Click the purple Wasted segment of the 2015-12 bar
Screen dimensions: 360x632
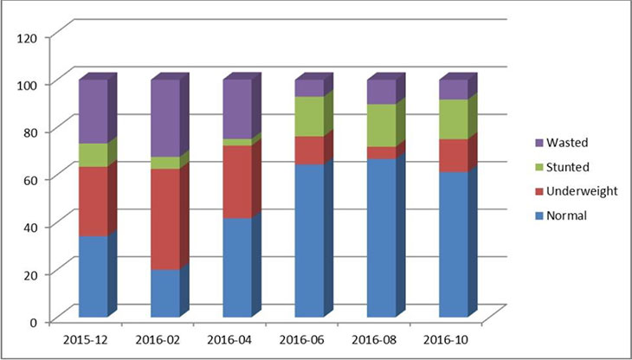[93, 112]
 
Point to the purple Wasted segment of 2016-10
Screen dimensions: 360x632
[453, 89]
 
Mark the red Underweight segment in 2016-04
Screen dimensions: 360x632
[237, 182]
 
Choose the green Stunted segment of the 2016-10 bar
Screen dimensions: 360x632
[453, 119]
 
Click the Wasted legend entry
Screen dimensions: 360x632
[574, 142]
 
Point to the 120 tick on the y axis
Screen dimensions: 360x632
[29, 37]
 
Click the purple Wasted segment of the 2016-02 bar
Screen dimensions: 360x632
[164, 118]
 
